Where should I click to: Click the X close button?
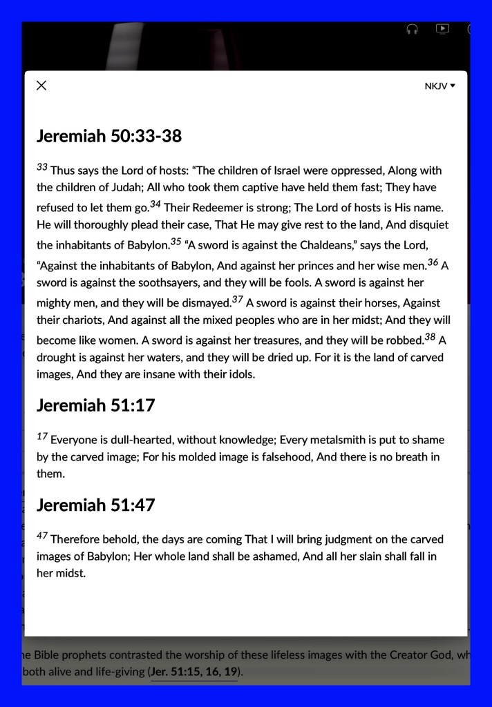[x=41, y=86]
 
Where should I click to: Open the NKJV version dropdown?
[x=440, y=86]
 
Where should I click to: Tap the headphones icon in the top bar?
[x=412, y=30]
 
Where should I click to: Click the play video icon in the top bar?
[x=442, y=29]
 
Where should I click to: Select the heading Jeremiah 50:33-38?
[x=109, y=136]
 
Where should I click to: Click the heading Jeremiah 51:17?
[x=95, y=405]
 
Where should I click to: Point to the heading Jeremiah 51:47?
[x=95, y=505]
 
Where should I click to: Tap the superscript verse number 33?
[x=42, y=167]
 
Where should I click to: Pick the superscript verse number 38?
[x=430, y=338]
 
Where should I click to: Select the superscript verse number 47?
[x=42, y=536]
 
